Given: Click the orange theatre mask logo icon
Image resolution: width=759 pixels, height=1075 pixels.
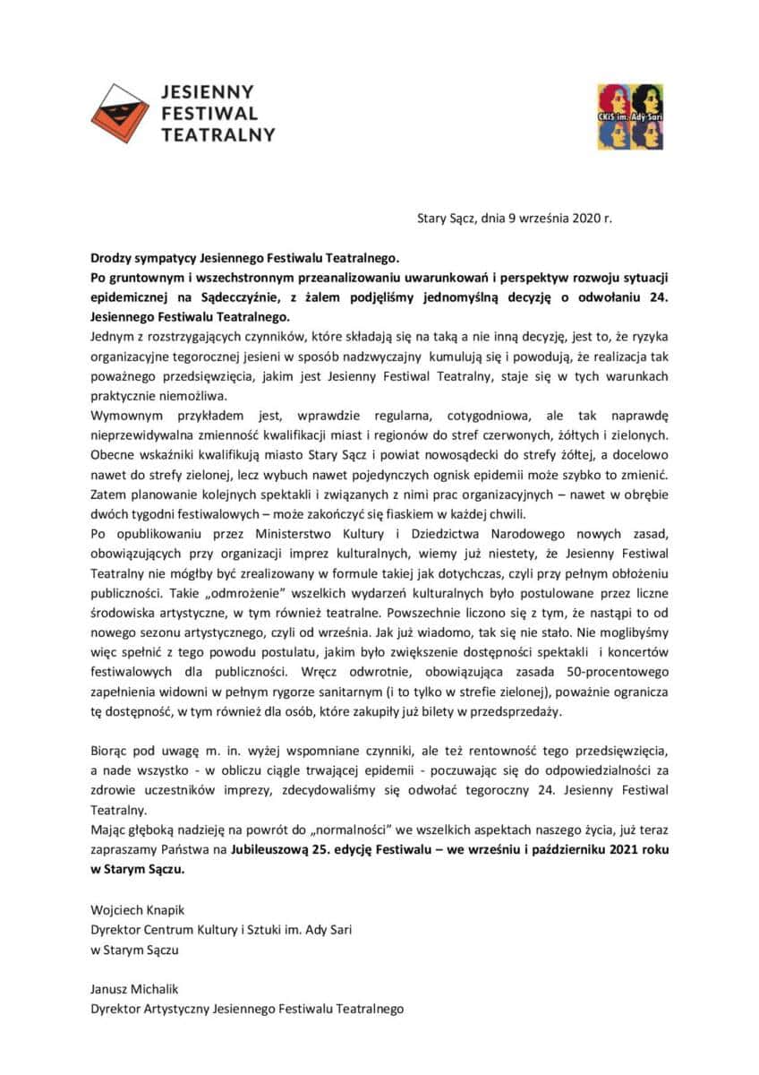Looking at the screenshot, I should [x=120, y=113].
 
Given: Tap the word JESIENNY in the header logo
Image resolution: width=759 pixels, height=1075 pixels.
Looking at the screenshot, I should [x=208, y=92].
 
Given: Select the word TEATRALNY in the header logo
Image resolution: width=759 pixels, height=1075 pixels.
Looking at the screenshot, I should [x=217, y=134].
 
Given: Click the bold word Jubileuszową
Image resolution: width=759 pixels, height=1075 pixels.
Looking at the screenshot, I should [x=271, y=847].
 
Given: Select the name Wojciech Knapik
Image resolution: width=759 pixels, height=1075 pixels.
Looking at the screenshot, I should [x=134, y=909].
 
